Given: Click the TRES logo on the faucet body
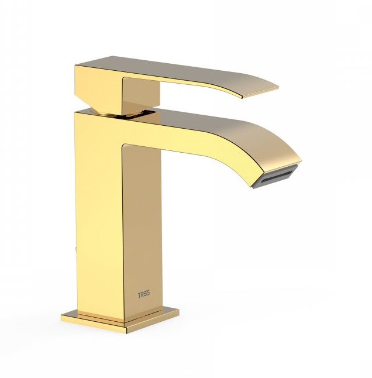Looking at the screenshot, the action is pos(144,294).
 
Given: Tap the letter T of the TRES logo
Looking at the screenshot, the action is pos(139,294).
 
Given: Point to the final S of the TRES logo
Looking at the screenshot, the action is pos(148,294).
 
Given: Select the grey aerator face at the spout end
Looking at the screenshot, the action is pos(279,178).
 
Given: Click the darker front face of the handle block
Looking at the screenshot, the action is pos(141,97).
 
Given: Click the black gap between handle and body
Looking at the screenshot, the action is pos(135,114).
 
